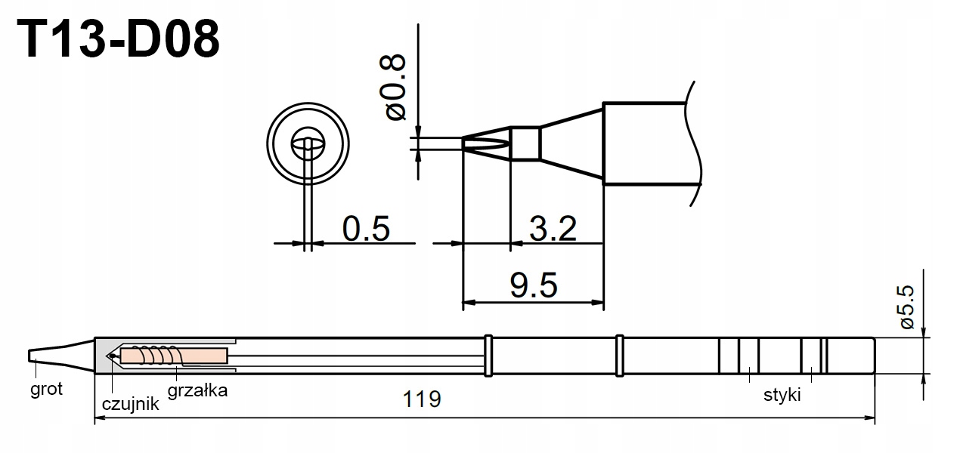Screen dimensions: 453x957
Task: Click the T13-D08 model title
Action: click(x=119, y=40)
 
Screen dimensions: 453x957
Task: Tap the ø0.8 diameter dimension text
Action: click(x=395, y=86)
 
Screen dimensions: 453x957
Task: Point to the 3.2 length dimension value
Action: click(x=553, y=228)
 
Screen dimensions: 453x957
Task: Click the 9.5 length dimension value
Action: click(x=534, y=285)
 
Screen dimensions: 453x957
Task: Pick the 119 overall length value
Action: click(x=422, y=398)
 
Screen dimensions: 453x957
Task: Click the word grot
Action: click(x=46, y=390)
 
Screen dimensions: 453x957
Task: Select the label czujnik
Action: click(x=130, y=403)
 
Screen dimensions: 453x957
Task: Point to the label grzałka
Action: click(x=197, y=390)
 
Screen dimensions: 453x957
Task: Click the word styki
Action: click(x=782, y=395)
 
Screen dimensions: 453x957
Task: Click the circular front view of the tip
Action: click(x=308, y=143)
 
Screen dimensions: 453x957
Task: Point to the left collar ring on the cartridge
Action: click(x=488, y=355)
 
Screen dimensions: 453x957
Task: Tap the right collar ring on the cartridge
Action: click(x=621, y=355)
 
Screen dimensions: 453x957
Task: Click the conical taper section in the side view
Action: click(x=571, y=143)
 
